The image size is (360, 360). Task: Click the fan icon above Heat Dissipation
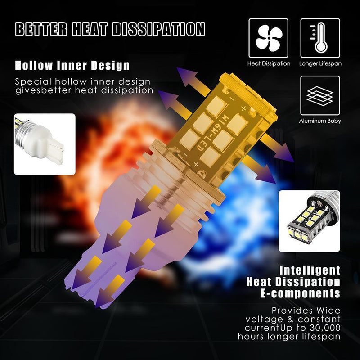pyautogui.click(x=268, y=38)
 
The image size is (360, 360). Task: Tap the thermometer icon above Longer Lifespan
pyautogui.click(x=320, y=38)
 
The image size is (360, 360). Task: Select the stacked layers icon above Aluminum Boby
pyautogui.click(x=320, y=95)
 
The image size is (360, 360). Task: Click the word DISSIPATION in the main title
pyautogui.click(x=158, y=29)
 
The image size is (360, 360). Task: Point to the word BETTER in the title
pyautogui.click(x=41, y=29)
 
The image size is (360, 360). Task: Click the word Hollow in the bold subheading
pyautogui.click(x=34, y=65)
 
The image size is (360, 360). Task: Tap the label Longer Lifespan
pyautogui.click(x=320, y=63)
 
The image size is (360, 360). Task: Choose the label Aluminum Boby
pyautogui.click(x=320, y=121)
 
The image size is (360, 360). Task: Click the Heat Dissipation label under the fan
pyautogui.click(x=269, y=63)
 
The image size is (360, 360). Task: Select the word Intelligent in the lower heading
pyautogui.click(x=310, y=270)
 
